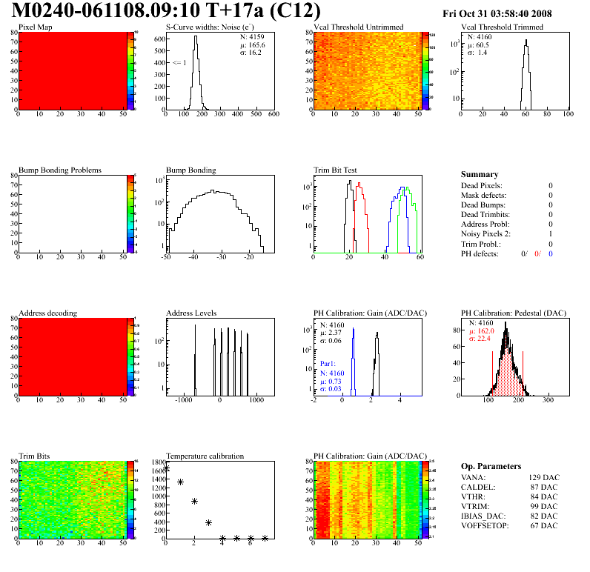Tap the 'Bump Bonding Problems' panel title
[60, 170]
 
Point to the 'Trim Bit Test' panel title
[338, 170]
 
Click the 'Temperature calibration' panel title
[205, 456]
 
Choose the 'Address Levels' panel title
[191, 313]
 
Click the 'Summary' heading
[480, 174]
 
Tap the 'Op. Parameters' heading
[491, 466]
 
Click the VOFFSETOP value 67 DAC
[543, 525]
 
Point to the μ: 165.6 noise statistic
[252, 45]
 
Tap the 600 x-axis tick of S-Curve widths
[274, 115]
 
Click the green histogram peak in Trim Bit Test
[406, 188]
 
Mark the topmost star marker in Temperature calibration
[166, 468]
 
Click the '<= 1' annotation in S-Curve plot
[179, 63]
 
